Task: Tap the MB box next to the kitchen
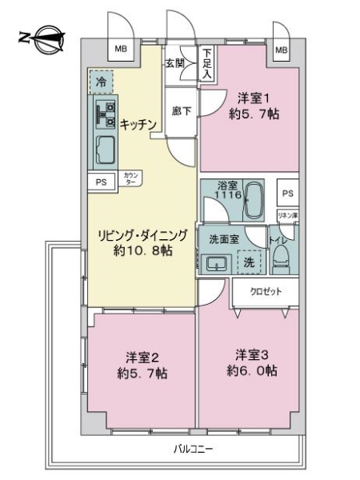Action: pyautogui.click(x=120, y=50)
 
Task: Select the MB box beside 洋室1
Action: pyautogui.click(x=281, y=50)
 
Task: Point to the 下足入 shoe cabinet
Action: pyautogui.click(x=207, y=62)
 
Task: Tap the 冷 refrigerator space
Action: pyautogui.click(x=101, y=80)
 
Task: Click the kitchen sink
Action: pyautogui.click(x=105, y=149)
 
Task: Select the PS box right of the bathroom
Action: pyautogui.click(x=288, y=193)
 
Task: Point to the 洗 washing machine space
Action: pyautogui.click(x=250, y=261)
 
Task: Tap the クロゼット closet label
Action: pyautogui.click(x=266, y=291)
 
